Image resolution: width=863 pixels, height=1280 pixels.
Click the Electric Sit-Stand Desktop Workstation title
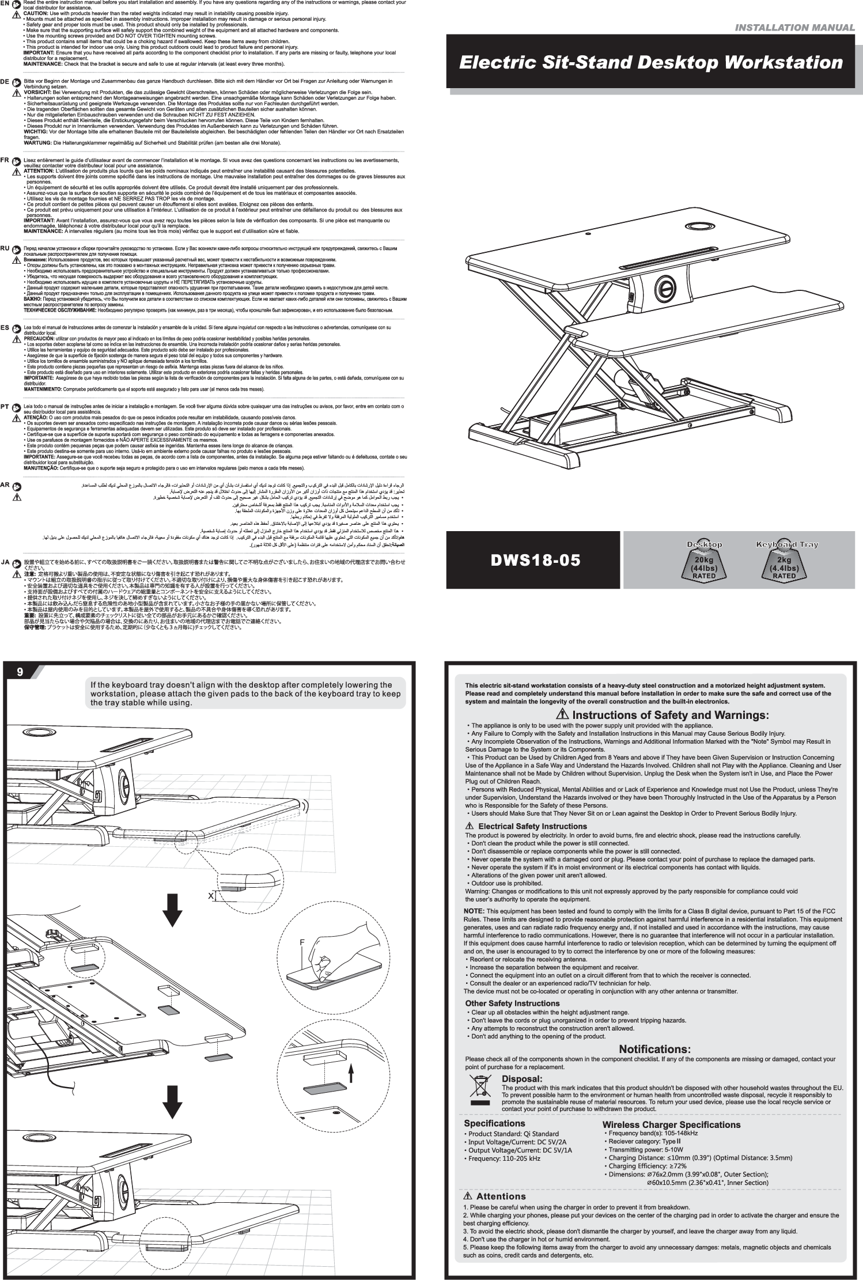point(650,62)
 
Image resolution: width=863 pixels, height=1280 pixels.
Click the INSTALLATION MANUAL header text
point(797,28)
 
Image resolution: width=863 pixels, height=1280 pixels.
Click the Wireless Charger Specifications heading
point(671,1124)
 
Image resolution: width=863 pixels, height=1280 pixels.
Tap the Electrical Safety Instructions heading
point(524,826)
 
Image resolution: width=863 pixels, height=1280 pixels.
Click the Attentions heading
point(501,1191)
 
